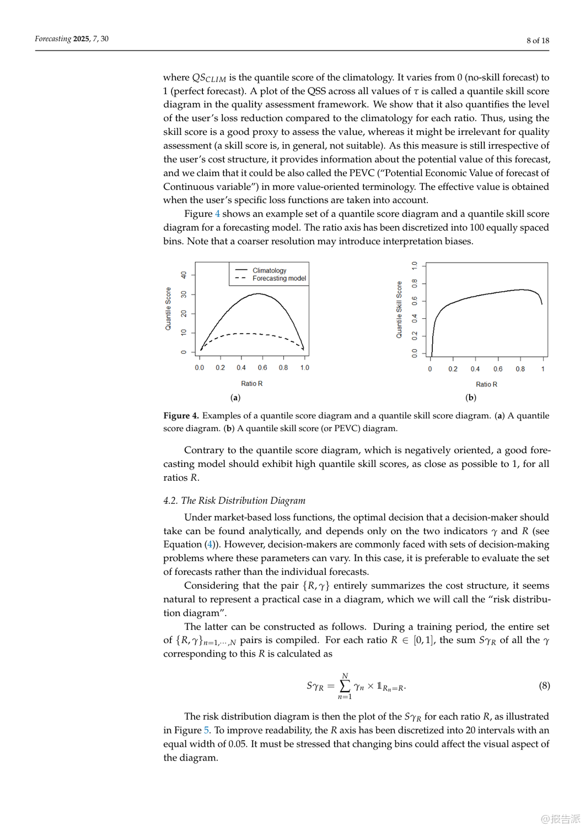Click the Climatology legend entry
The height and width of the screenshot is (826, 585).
click(269, 270)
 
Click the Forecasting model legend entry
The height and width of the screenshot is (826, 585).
click(279, 279)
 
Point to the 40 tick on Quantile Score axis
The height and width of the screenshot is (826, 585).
click(184, 275)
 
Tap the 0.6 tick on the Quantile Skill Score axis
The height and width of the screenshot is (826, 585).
click(415, 301)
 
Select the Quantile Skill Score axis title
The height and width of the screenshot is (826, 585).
click(399, 309)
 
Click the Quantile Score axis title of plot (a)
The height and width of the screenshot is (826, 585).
click(168, 309)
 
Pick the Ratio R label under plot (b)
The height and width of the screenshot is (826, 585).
click(486, 384)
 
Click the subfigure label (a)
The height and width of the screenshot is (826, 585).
click(235, 398)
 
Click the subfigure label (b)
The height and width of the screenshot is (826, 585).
click(471, 398)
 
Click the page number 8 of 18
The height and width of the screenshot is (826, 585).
click(538, 40)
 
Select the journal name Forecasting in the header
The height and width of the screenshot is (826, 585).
click(53, 39)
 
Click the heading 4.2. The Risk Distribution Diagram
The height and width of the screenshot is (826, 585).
click(234, 501)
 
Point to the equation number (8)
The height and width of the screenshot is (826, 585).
click(544, 686)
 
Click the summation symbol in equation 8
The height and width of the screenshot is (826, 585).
click(345, 686)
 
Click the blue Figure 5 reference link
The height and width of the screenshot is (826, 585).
click(207, 730)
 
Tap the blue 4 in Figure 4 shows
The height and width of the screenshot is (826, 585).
click(217, 214)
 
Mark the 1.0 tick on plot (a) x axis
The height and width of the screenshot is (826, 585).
click(304, 368)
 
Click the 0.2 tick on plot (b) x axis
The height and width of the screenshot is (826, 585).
click(453, 369)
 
